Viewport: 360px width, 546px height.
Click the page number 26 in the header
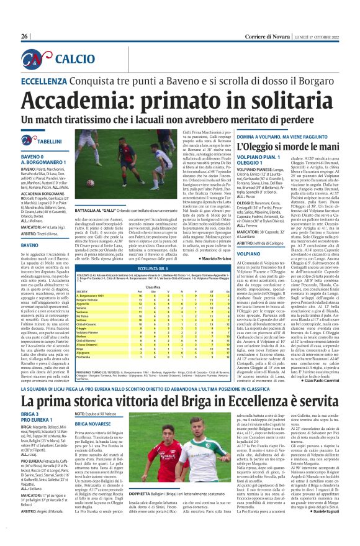(24, 19)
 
